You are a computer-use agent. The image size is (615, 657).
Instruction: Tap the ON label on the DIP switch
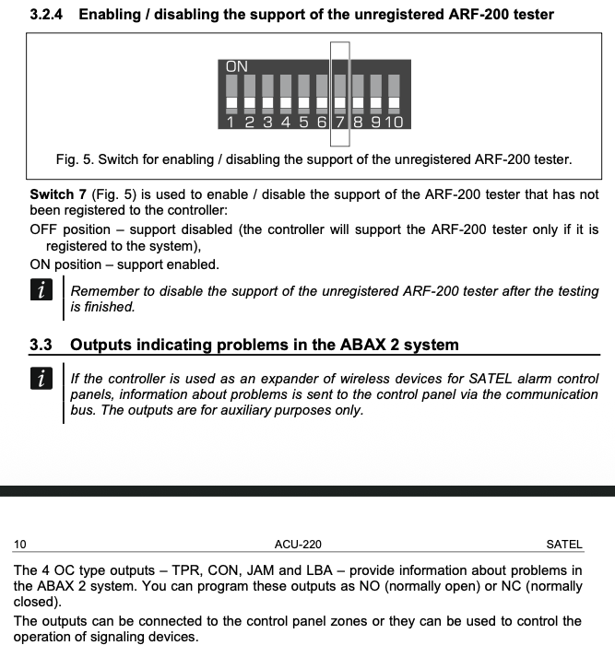[237, 66]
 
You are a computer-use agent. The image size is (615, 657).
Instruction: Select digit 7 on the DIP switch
[340, 121]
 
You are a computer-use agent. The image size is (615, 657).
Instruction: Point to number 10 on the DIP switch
[394, 121]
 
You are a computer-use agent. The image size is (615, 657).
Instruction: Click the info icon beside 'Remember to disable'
[40, 291]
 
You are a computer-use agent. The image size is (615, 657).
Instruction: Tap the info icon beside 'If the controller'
[40, 380]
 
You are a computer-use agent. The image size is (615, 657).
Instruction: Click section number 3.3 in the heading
[41, 346]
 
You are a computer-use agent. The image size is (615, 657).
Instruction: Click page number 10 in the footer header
[20, 545]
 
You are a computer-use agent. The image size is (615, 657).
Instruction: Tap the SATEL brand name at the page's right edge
[564, 545]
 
